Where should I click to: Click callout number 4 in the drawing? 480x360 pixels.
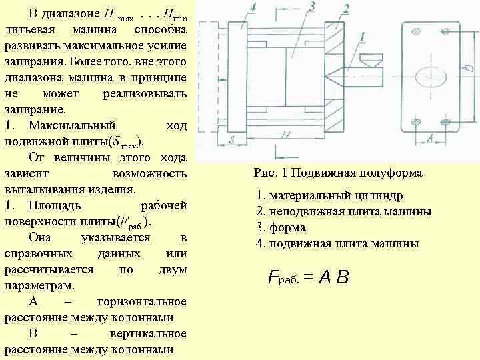[x=253, y=8]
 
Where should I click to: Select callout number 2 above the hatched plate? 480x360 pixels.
[x=346, y=9]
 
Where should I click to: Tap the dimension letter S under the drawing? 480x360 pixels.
[x=231, y=140]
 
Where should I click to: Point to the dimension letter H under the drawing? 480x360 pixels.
[x=285, y=136]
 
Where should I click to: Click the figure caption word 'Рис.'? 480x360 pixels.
[x=264, y=173]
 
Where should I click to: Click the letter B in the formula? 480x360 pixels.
[x=343, y=277]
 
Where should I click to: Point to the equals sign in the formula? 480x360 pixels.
[x=308, y=277]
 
